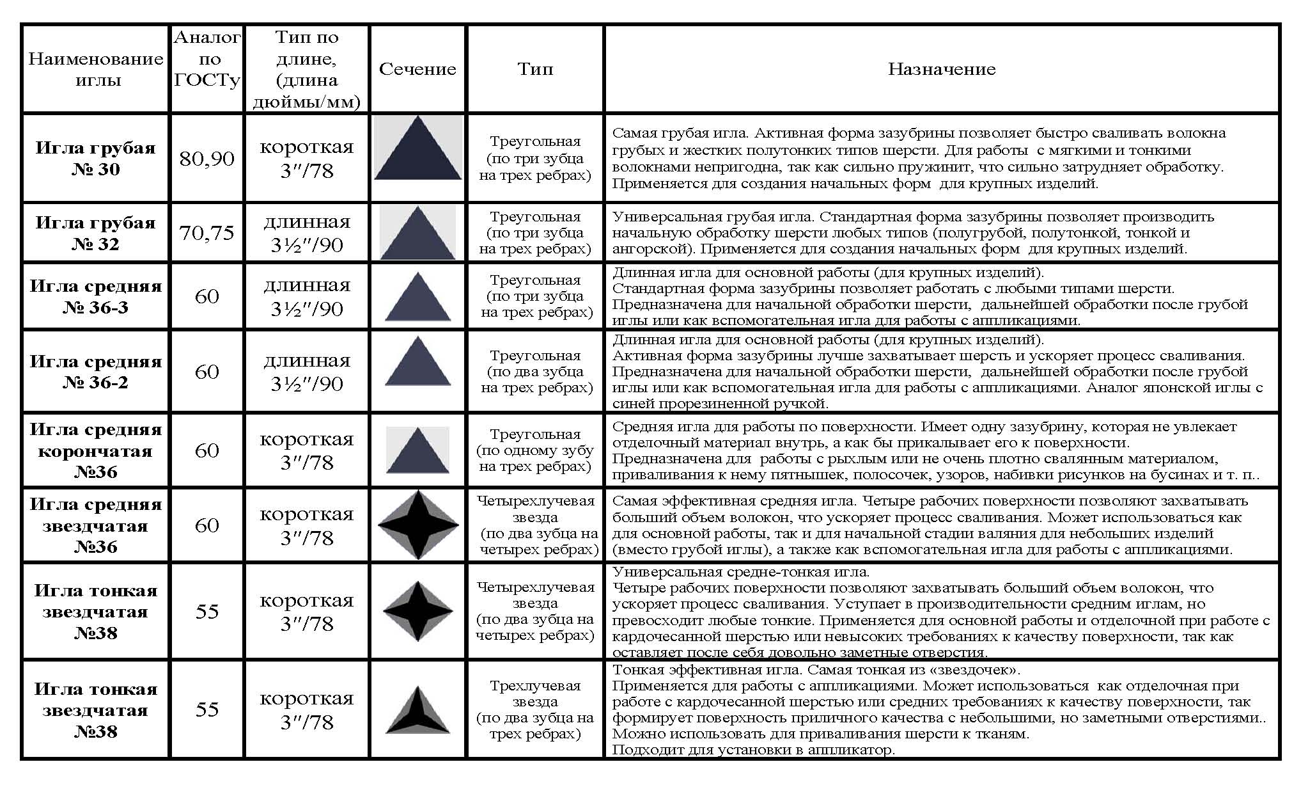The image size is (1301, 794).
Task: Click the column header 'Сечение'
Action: click(x=417, y=69)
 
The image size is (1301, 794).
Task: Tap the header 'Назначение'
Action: click(x=942, y=69)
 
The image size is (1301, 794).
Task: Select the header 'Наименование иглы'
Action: click(x=96, y=69)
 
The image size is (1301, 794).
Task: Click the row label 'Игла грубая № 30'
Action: click(x=96, y=158)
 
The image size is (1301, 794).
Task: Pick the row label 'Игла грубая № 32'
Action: click(x=96, y=233)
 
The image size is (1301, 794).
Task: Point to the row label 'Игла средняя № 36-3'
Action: click(x=96, y=296)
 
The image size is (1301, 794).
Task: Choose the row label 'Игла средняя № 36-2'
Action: click(x=96, y=372)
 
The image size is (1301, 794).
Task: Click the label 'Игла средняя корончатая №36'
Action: click(x=96, y=450)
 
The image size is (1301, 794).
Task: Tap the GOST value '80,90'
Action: click(x=207, y=158)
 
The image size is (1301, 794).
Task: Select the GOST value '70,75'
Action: click(x=207, y=233)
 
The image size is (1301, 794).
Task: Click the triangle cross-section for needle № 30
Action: click(x=417, y=151)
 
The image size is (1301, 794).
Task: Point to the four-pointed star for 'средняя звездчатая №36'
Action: click(x=418, y=525)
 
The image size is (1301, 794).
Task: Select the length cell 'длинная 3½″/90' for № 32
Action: click(x=307, y=233)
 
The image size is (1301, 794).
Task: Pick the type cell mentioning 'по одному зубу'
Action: click(x=535, y=450)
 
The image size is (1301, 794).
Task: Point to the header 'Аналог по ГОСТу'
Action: click(x=207, y=59)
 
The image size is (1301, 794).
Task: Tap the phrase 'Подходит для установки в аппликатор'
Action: click(x=753, y=750)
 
